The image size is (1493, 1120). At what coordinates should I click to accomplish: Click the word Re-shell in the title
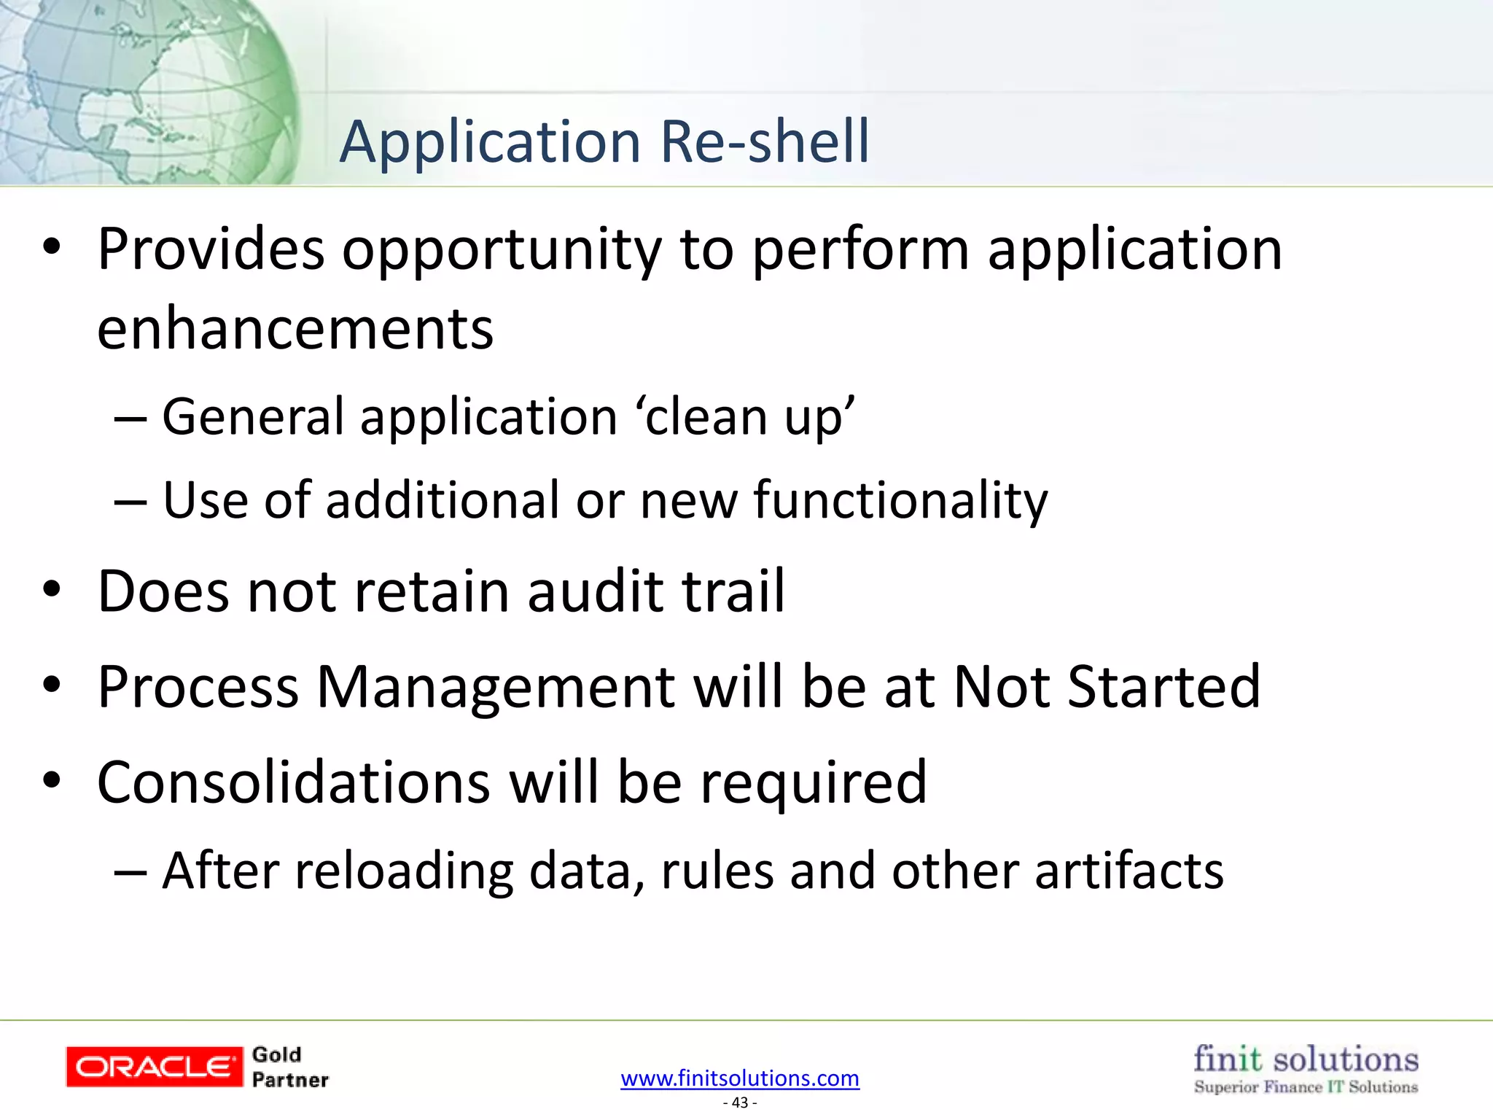tap(765, 141)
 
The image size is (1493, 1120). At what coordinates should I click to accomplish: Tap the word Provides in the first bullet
tap(211, 249)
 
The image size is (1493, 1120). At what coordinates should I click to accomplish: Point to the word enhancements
tap(295, 329)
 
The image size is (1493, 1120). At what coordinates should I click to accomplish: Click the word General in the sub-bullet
tap(252, 417)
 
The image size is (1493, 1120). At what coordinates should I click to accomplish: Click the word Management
tap(496, 688)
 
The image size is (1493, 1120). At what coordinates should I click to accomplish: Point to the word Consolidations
tap(294, 782)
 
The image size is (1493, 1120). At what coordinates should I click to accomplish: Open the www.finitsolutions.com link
tap(740, 1078)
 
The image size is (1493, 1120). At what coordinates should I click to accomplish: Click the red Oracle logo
tap(154, 1067)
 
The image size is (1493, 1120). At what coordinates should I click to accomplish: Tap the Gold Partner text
tap(289, 1067)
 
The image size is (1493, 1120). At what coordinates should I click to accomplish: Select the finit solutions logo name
tap(1306, 1059)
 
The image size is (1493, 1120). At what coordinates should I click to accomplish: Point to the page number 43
tap(740, 1102)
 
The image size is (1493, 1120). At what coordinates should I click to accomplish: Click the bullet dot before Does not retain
tap(52, 590)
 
